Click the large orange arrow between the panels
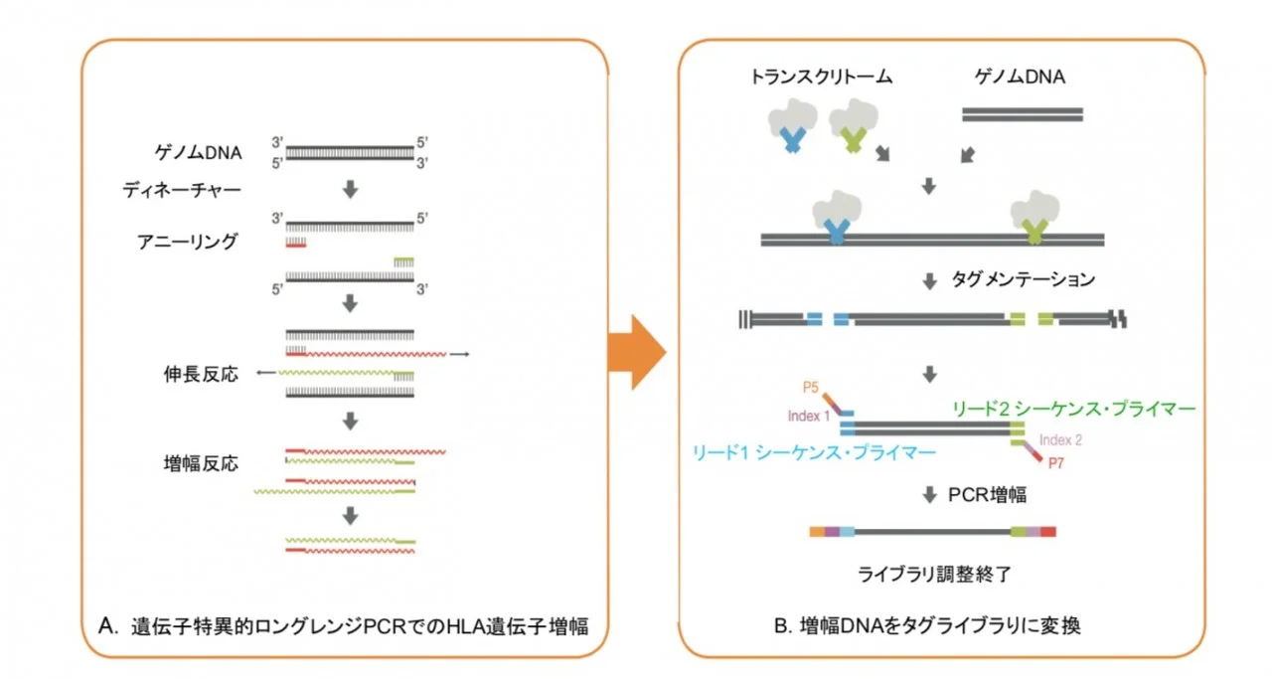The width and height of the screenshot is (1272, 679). [636, 352]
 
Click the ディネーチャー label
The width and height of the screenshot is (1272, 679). [182, 190]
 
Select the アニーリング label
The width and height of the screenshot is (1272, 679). [188, 242]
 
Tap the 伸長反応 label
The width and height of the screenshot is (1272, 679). [201, 374]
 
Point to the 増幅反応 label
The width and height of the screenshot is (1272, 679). [201, 463]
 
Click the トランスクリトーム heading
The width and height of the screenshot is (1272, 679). [821, 77]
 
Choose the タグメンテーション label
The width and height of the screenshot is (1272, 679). [1024, 279]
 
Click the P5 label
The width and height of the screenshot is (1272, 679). [810, 388]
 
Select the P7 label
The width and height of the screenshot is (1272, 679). [1056, 463]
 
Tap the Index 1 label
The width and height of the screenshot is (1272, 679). [809, 417]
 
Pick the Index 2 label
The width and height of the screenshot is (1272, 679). [1060, 439]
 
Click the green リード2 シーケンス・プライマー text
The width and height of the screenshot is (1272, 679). [1074, 409]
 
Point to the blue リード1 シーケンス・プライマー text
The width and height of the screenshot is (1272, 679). [814, 452]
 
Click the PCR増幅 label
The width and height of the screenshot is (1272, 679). [988, 495]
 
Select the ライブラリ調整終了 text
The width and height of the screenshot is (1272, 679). [934, 575]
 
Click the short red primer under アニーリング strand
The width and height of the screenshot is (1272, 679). [296, 246]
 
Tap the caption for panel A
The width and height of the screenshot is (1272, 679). [343, 626]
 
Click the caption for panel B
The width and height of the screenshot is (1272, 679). [927, 625]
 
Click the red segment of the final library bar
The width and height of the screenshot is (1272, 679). [1048, 532]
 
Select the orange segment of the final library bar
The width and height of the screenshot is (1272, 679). [817, 532]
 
